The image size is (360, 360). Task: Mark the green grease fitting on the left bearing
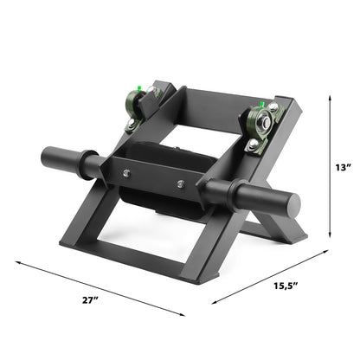click(137, 87)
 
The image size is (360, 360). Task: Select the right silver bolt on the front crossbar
click(181, 184)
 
